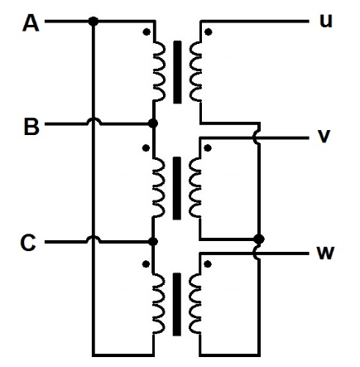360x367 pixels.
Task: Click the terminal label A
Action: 31,24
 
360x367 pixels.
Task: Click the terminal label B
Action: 31,127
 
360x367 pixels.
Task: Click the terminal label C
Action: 28,243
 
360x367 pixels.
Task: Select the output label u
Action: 325,21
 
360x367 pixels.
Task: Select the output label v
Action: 324,136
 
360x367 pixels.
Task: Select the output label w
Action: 325,251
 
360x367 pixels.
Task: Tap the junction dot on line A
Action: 93,22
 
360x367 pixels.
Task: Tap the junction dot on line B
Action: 152,124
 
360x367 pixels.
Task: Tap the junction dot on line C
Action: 152,242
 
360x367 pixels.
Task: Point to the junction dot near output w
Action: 258,239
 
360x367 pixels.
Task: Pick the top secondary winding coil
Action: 195,70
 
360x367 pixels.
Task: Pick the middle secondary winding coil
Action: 195,187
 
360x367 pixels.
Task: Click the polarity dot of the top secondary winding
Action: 208,32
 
